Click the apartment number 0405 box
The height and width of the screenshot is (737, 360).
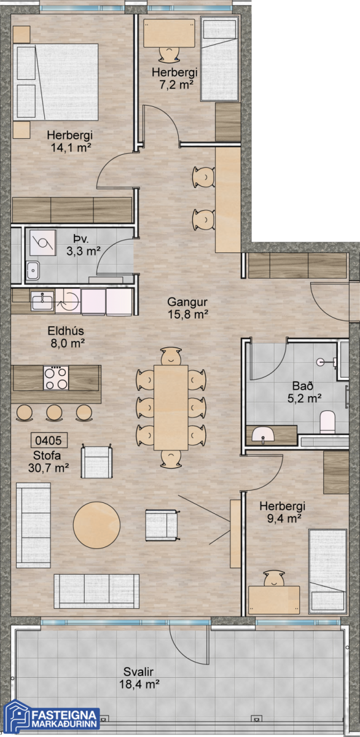pos(49,440)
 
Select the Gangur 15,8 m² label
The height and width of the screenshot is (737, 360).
pos(187,308)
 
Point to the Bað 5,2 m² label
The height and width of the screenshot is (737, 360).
pos(304,392)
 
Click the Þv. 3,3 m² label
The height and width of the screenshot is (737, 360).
pos(84,245)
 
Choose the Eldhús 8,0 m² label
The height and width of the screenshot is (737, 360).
pos(67,337)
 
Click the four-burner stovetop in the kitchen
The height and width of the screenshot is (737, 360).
pos(56,378)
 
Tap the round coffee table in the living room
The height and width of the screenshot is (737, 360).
pos(96,525)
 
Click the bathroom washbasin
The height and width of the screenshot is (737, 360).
pos(263,435)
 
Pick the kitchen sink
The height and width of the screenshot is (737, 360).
pos(42,301)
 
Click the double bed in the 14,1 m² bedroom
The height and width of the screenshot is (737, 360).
pos(56,82)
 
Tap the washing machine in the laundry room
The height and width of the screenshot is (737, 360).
pos(42,243)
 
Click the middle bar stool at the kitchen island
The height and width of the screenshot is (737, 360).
pos(54,413)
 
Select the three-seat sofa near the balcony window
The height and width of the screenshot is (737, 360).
pos(96,591)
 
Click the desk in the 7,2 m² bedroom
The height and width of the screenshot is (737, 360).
pos(170,33)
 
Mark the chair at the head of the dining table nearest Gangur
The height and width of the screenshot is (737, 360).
pos(171,356)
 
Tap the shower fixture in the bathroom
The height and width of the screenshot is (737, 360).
pos(326,362)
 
